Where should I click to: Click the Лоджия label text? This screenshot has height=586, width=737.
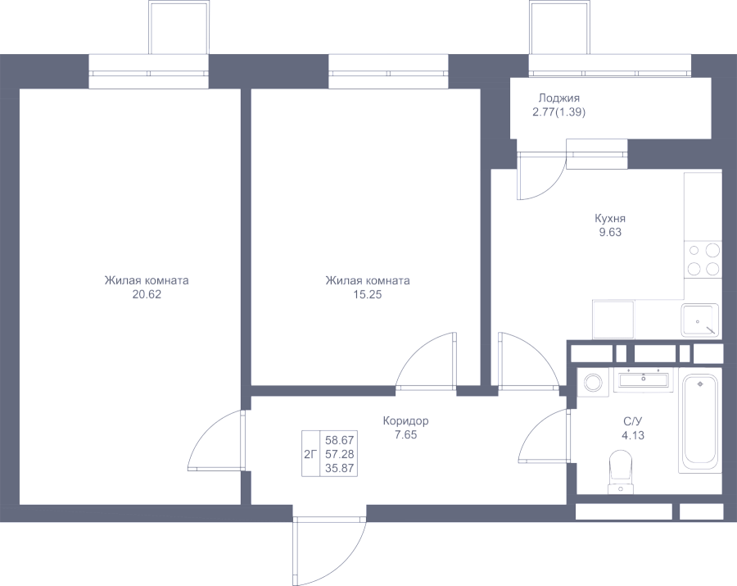(x=558, y=99)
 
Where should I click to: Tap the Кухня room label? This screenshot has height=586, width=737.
(x=610, y=219)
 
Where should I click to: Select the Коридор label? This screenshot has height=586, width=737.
(x=405, y=420)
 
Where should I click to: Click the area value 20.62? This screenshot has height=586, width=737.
(x=147, y=295)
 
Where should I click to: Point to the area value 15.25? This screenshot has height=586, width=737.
(x=368, y=295)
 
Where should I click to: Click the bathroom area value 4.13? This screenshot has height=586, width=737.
(x=633, y=435)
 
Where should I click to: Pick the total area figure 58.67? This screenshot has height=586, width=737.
(x=339, y=440)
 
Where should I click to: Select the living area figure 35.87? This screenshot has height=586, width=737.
(x=339, y=469)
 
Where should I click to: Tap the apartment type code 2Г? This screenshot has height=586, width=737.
(x=310, y=454)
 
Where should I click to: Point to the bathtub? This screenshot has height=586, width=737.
(x=700, y=420)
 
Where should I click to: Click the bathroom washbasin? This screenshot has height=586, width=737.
(x=643, y=379)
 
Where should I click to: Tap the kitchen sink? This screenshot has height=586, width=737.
(x=699, y=320)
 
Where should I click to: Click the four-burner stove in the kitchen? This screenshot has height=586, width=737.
(x=703, y=259)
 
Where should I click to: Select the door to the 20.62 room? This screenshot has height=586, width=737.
(x=216, y=440)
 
